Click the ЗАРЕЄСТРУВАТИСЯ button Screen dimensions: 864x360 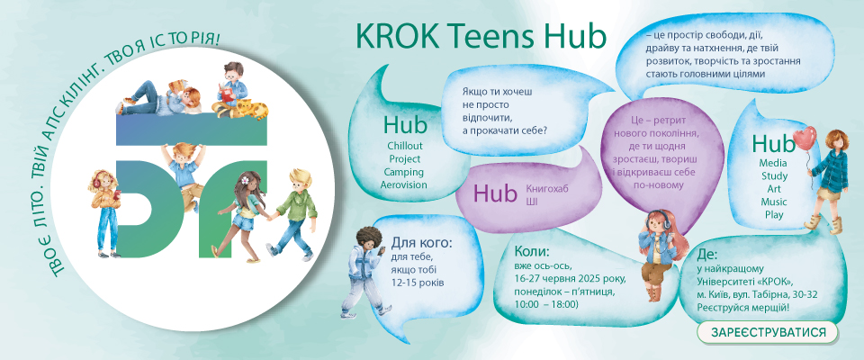click(767, 333)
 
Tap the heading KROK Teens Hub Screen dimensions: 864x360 click(481, 36)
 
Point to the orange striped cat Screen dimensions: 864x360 click(248, 109)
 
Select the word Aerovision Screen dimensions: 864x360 click(404, 185)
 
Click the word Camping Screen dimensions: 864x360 click(404, 172)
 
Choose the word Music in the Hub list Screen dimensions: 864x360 click(774, 202)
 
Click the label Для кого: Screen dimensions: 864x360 click(422, 243)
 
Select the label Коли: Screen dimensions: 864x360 click(532, 252)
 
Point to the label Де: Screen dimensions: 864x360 click(707, 255)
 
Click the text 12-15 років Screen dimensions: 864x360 click(418, 283)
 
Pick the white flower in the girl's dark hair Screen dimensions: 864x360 click(242, 179)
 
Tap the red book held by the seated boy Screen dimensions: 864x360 click(228, 91)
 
